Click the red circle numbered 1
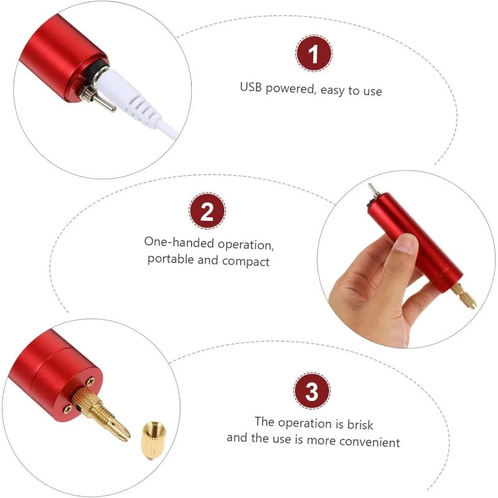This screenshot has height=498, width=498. pos(314,54)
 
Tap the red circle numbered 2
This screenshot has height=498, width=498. pos(207,210)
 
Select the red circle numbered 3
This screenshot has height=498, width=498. pos(312,391)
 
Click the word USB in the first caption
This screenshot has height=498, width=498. pos(251,87)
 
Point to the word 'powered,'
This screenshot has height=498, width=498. pos(291,89)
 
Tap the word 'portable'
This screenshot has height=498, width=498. pos(171,259)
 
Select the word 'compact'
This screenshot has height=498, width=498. pos(245,261)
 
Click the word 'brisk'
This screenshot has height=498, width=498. pos(360,425)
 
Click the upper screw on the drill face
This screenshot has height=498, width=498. pos(90,380)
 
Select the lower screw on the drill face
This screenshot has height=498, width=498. pos(67,410)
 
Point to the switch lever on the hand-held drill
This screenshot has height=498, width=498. pos(372,189)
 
